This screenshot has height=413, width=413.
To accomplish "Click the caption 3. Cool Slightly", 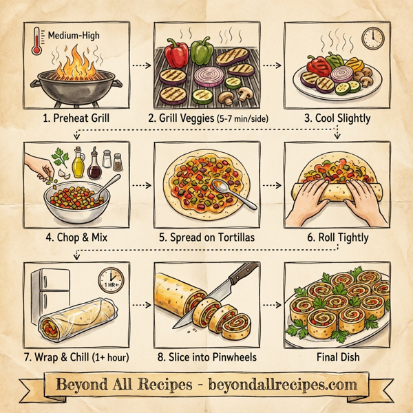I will (337, 118).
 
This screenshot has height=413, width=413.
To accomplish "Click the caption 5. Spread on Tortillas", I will (206, 238).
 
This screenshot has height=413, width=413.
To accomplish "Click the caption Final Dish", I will (337, 358).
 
